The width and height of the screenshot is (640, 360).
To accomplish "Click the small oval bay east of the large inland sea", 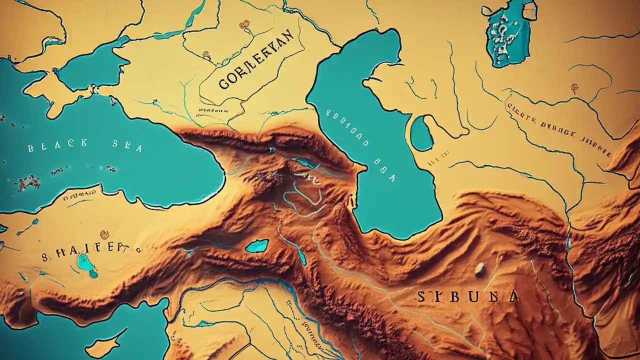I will [421, 133].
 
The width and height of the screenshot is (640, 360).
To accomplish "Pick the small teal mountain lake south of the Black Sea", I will [257, 245].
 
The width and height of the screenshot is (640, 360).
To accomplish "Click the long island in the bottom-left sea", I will [103, 345].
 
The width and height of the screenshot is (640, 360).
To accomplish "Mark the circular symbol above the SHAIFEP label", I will [104, 234].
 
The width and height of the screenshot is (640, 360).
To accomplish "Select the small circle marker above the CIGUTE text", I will [574, 88].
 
